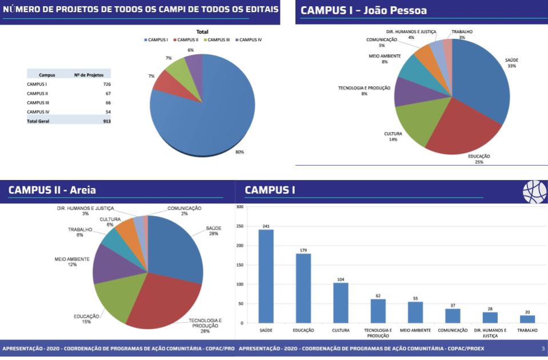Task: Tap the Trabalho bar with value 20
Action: pos(527,319)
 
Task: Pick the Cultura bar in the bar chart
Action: pos(341,303)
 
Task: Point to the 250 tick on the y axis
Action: pos(240,226)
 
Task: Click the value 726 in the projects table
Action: pos(107,84)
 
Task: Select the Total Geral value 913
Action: pos(106,121)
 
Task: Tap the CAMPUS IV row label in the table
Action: pos(37,112)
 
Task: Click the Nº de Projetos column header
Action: pos(89,75)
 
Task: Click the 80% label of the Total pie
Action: pos(239,152)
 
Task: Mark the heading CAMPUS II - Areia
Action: pos(53,190)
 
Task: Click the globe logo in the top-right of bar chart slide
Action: pos(534,192)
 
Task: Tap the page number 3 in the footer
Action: pos(542,348)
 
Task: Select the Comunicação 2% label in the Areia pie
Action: pos(184,211)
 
